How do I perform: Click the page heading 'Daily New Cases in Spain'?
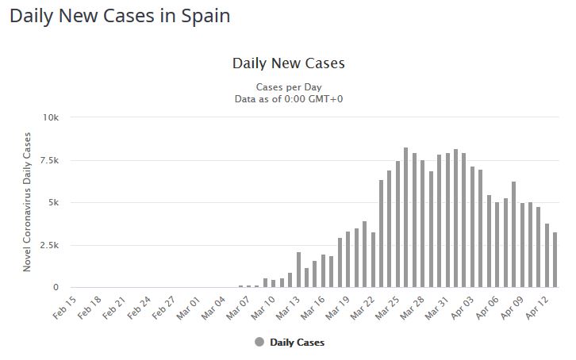(120, 15)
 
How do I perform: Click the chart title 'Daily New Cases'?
(288, 63)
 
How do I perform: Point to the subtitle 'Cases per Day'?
(288, 86)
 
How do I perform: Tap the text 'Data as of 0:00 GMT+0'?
(288, 99)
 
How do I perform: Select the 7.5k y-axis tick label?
(49, 160)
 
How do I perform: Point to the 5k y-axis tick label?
(54, 202)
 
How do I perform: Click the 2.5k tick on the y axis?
(49, 245)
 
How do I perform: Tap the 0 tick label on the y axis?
(56, 288)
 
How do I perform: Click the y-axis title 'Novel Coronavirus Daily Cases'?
(27, 202)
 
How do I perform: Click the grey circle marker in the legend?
(259, 343)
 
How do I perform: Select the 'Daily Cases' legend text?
(297, 343)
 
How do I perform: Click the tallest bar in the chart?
(405, 218)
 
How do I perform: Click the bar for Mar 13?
(298, 270)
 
